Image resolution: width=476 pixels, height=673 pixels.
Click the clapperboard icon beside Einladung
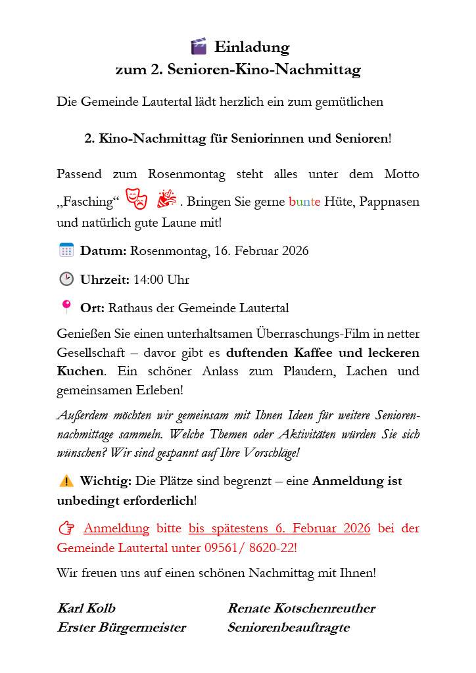(199, 47)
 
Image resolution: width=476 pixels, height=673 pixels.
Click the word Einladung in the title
(251, 47)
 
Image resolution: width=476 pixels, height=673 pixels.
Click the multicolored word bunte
(304, 202)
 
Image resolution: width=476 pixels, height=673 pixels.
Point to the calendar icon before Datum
(66, 250)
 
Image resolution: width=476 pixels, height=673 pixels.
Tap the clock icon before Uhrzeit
(66, 279)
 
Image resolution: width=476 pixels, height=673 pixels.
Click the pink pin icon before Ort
(66, 307)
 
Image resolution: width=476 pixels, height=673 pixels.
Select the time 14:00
(148, 280)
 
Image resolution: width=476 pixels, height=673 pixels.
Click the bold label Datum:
(103, 251)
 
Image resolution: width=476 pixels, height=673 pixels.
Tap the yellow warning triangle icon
(66, 481)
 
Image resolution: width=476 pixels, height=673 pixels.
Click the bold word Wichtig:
(106, 481)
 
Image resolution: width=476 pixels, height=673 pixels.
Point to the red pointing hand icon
(66, 528)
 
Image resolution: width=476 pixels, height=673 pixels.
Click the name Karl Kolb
(86, 608)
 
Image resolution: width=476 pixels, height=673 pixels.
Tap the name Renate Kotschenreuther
(301, 608)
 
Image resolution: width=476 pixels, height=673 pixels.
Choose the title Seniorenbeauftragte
(289, 628)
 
